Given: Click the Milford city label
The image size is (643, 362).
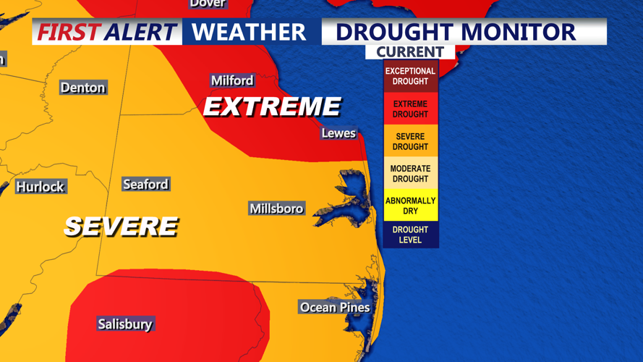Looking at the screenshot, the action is (232, 80).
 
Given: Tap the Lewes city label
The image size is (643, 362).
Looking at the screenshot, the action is (338, 133).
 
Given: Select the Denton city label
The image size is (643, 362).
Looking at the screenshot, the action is (82, 88).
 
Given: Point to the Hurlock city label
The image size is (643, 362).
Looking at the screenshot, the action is (41, 187).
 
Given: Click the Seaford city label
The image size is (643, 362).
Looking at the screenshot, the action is (145, 185).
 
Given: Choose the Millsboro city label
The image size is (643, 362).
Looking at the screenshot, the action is (276, 209).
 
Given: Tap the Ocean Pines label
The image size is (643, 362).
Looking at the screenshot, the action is (335, 308).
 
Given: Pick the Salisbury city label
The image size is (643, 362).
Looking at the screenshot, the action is (125, 324).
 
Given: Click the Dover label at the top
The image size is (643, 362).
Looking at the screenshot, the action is (208, 4).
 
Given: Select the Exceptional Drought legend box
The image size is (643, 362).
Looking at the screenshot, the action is (410, 76).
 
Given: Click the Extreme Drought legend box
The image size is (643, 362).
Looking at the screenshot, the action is (410, 109).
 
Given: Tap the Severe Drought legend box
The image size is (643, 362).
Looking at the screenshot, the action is (410, 141).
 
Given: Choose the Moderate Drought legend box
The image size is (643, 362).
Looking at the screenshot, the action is (410, 174).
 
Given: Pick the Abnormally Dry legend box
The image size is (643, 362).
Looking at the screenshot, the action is (410, 206).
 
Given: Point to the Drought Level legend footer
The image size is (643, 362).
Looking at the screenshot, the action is (410, 235).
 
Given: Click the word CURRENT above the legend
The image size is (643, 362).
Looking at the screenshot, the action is (410, 52).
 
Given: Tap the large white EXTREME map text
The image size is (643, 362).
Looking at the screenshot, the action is (272, 107).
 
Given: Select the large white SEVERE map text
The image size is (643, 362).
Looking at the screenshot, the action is (121, 227).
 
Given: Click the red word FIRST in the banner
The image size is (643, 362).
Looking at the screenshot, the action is (69, 32).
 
